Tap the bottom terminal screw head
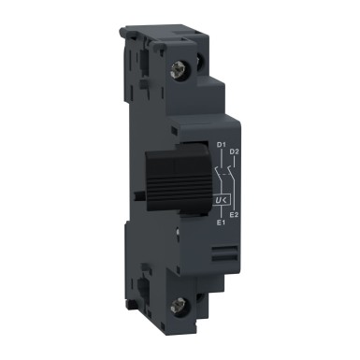(x=179, y=302)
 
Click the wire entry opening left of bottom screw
(x=151, y=281)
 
